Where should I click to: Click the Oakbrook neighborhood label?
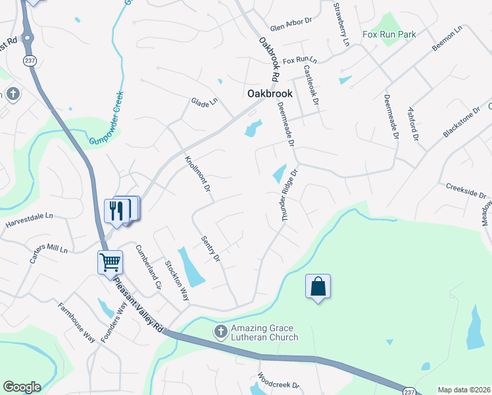[x=270, y=94]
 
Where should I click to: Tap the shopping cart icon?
[x=111, y=262]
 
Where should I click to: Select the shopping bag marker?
[x=318, y=286]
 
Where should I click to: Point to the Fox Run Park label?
[x=389, y=34]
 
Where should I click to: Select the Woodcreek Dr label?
[x=278, y=383]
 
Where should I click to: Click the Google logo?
[x=22, y=387]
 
